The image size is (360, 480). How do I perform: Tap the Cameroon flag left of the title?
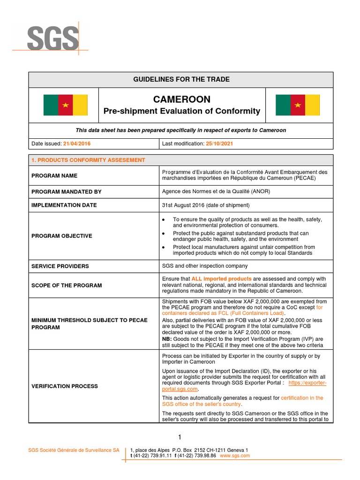coord(65,105)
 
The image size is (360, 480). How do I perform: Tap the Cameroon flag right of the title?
coord(297,105)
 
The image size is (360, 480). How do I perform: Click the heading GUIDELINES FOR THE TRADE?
coord(181,80)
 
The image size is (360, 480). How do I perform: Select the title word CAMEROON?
coord(181,99)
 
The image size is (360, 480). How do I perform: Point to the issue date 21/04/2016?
coord(78,143)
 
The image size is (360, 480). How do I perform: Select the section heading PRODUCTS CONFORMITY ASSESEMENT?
coord(88,160)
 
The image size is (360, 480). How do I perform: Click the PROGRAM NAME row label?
coord(54,176)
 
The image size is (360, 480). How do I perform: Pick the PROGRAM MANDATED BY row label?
coord(66,192)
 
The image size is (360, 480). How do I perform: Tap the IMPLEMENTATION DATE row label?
coord(64,205)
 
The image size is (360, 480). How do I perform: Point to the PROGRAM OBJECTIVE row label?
coord(61,236)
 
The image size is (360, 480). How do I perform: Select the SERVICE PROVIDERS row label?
coord(60,266)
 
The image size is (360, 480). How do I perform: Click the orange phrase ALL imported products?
coord(221,278)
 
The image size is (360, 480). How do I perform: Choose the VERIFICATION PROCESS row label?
coord(65,386)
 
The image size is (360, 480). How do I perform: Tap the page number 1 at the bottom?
coord(180,437)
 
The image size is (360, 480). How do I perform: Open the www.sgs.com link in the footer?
coord(235,456)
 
